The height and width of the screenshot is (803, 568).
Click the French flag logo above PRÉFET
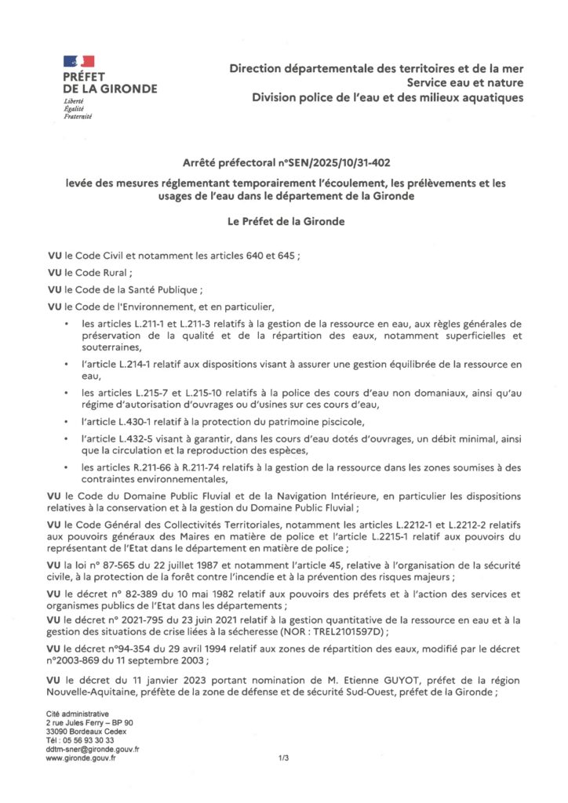pos(79,61)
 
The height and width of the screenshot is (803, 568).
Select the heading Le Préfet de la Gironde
pos(283,221)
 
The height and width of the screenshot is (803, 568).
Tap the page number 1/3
pos(284,758)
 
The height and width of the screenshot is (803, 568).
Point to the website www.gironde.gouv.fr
pos(82,758)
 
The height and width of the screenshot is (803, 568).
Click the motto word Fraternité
pos(78,116)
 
